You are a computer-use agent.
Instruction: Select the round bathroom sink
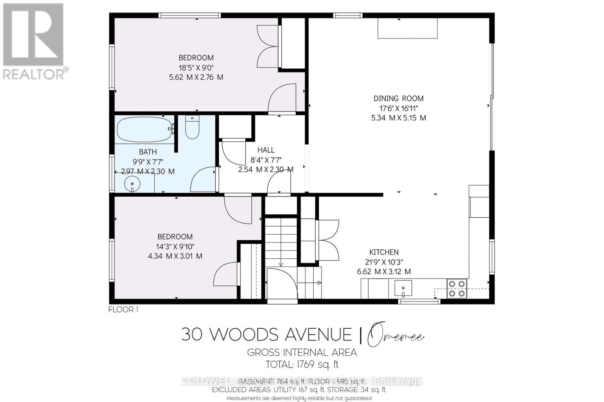click(x=132, y=184)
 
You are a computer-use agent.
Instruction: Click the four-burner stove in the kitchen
click(x=457, y=288)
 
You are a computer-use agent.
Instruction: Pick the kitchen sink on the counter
click(x=403, y=288)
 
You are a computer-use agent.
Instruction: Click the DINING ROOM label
click(x=398, y=98)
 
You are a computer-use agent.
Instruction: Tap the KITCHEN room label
click(x=384, y=252)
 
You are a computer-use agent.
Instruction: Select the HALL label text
click(x=266, y=150)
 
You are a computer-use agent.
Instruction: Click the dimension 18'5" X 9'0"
click(x=196, y=68)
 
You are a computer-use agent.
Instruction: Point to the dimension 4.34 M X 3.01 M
click(x=175, y=256)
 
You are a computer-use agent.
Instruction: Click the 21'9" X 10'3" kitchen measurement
click(x=384, y=262)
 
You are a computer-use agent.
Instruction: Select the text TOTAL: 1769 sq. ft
click(x=302, y=365)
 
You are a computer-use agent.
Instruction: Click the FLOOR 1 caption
click(x=123, y=309)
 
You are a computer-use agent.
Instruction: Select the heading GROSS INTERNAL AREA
click(x=302, y=353)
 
